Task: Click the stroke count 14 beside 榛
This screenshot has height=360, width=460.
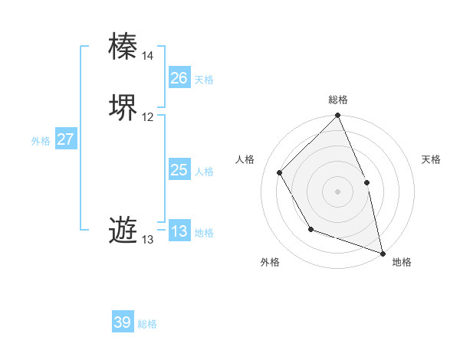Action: pos(147,56)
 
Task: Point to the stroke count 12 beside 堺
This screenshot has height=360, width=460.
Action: pos(147,117)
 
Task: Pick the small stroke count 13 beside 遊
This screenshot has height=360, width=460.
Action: pos(147,240)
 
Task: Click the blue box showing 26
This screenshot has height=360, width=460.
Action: pos(179,78)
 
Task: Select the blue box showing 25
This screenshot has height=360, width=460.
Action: pos(179,170)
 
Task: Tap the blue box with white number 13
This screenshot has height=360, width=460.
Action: pos(179,231)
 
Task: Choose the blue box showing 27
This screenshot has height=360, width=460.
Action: pos(65,139)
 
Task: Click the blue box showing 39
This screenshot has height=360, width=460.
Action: pos(122,322)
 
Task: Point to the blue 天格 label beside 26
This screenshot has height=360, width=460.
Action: pos(204,80)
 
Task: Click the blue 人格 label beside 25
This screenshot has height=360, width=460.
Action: pos(204,172)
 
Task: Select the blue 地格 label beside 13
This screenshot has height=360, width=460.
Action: pos(204,233)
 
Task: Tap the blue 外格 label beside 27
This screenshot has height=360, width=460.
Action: pos(41,141)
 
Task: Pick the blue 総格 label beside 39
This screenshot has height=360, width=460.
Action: pos(147,324)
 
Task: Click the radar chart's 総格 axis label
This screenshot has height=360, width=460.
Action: pos(337,100)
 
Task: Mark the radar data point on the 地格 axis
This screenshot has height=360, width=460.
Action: pos(383,253)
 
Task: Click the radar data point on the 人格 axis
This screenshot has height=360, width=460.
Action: pos(280,172)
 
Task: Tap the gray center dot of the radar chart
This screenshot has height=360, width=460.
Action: pos(337,191)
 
